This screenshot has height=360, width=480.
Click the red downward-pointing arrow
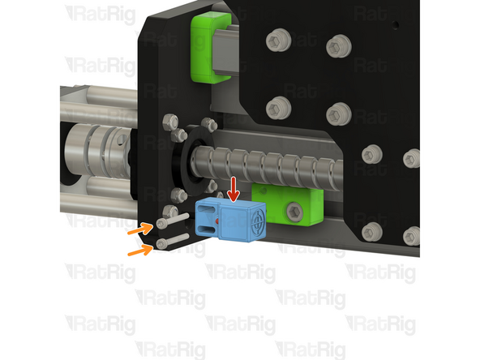(x=234, y=189)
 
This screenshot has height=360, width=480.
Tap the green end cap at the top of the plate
(x=208, y=49)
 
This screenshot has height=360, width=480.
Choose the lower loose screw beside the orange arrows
(x=166, y=241)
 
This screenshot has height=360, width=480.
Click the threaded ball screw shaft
(x=276, y=166)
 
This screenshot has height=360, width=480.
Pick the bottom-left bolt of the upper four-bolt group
(x=278, y=105)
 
